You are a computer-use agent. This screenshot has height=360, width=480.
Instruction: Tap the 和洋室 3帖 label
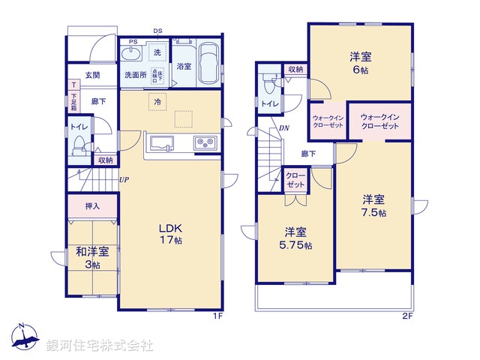91,258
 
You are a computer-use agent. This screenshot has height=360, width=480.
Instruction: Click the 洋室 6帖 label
361,63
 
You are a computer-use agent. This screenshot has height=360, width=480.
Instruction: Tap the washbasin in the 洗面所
131,55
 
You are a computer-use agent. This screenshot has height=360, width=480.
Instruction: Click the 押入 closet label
91,205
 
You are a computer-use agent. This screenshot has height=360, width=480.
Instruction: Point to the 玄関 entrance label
91,75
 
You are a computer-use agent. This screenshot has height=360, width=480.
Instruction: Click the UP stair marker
123,180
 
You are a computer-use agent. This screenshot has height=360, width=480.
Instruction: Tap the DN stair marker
284,127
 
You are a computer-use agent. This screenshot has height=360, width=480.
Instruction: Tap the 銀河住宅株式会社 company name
99,346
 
